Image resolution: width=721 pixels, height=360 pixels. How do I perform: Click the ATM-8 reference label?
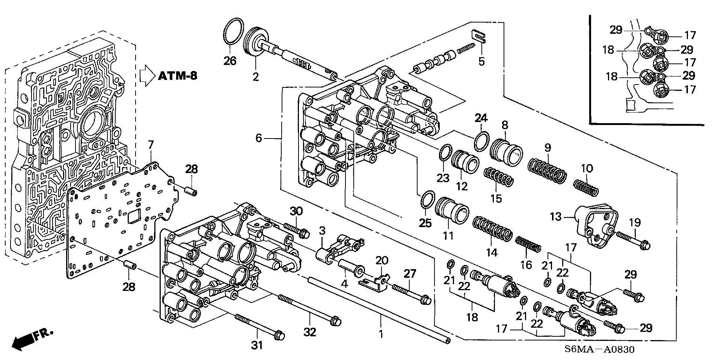pyautogui.click(x=177, y=76)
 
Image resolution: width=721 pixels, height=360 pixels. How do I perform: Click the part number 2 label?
pyautogui.click(x=256, y=77)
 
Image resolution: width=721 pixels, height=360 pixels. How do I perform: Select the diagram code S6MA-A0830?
pyautogui.click(x=599, y=349)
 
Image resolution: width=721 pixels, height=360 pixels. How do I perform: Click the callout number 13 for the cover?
pyautogui.click(x=556, y=217)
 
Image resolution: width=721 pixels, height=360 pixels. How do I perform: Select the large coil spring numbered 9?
pyautogui.click(x=547, y=171)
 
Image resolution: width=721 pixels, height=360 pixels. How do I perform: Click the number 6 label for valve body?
pyautogui.click(x=258, y=138)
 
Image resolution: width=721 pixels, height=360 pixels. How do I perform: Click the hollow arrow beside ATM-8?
pyautogui.click(x=147, y=76)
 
